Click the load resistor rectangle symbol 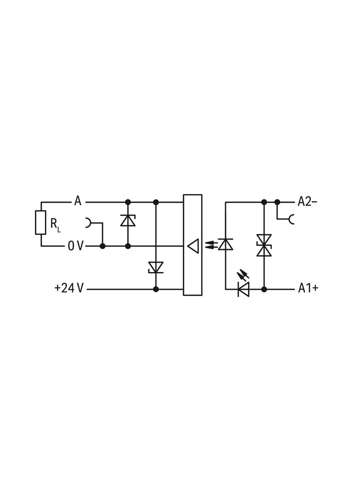(x=40, y=222)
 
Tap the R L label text (x=56, y=224)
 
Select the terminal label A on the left (x=78, y=201)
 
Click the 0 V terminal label (x=76, y=246)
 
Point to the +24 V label (x=69, y=288)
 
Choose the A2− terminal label (x=307, y=202)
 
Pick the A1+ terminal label (x=308, y=288)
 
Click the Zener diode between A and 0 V (x=128, y=220)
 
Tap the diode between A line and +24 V (x=156, y=267)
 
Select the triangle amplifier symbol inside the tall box (x=193, y=246)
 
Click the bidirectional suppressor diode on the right (x=264, y=245)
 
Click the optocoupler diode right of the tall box (x=225, y=244)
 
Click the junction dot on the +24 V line (x=156, y=289)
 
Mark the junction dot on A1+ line (x=264, y=289)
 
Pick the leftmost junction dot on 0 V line (x=102, y=246)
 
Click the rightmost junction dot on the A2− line (x=277, y=202)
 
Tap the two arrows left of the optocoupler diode (x=210, y=244)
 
